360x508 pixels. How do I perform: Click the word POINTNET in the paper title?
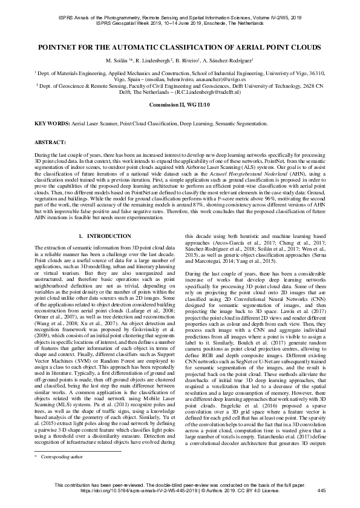pos(64,47)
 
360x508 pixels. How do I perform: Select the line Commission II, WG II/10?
pos(180,105)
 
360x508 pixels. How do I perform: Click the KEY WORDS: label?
pos(54,123)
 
